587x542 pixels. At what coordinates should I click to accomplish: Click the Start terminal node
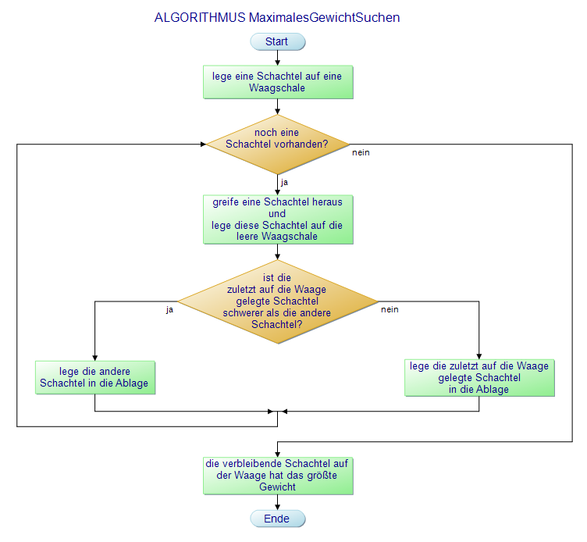coord(277,41)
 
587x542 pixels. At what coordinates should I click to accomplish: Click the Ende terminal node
coord(277,519)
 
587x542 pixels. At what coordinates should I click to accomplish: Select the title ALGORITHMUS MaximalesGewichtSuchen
coord(277,17)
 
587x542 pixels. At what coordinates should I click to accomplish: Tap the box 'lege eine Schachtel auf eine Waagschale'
coord(277,82)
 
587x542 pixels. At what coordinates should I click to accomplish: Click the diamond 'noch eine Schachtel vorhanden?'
coord(277,144)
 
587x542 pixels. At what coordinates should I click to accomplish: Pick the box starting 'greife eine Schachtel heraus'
coord(277,219)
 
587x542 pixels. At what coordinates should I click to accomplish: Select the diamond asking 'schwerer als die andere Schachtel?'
coord(277,301)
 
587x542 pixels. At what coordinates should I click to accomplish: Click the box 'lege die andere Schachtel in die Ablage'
coord(94,377)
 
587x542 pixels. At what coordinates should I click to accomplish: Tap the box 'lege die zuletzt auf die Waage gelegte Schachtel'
coord(479,377)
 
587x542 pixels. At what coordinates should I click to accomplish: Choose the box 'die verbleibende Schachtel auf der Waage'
coord(277,475)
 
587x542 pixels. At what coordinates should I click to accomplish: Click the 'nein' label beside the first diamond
coord(361,152)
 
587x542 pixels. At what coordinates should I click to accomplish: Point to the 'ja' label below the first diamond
coord(284,182)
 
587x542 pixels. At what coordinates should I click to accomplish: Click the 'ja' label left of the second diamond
coord(169,309)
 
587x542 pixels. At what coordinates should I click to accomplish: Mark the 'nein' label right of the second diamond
coord(390,309)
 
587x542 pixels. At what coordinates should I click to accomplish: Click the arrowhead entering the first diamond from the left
coord(202,144)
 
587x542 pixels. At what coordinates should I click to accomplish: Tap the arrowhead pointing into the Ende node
coord(277,507)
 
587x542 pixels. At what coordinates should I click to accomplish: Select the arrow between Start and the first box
coord(277,57)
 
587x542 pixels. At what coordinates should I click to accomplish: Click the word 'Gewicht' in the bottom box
coord(277,487)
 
